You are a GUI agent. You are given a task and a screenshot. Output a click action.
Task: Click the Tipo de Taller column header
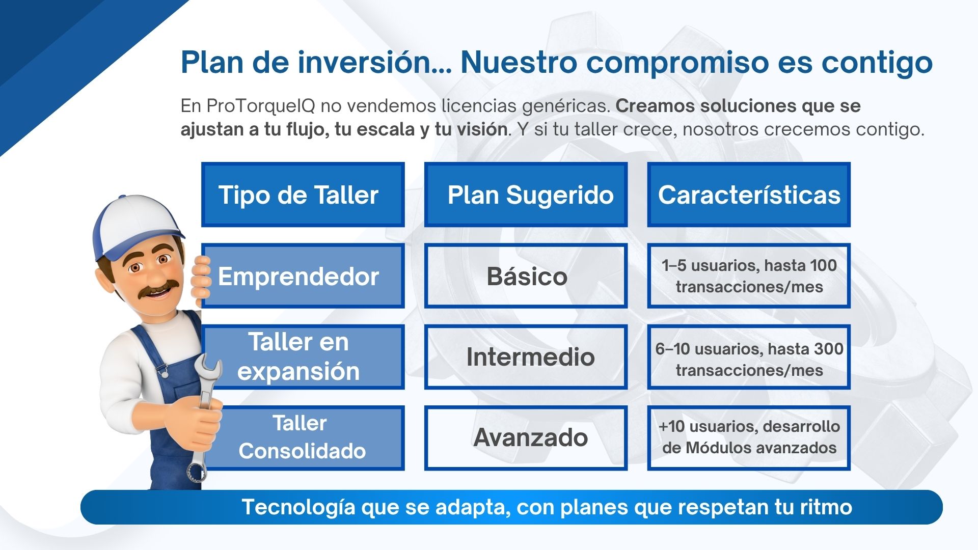pyautogui.click(x=303, y=195)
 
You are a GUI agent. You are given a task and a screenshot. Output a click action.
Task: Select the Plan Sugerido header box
pyautogui.click(x=526, y=195)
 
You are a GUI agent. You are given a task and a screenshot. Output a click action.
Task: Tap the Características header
pyautogui.click(x=749, y=195)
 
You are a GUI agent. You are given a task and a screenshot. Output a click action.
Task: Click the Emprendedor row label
pyautogui.click(x=303, y=276)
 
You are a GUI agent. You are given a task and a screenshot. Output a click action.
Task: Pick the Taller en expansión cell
pyautogui.click(x=303, y=356)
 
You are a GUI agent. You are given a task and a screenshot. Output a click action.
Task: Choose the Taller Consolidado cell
pyautogui.click(x=303, y=438)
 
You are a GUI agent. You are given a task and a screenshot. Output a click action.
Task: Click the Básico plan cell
pyautogui.click(x=526, y=276)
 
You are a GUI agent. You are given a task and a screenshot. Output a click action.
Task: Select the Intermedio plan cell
pyautogui.click(x=526, y=356)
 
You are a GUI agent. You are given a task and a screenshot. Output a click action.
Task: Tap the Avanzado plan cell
pyautogui.click(x=526, y=438)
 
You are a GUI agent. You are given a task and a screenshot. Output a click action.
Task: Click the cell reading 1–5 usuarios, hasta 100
pyautogui.click(x=749, y=276)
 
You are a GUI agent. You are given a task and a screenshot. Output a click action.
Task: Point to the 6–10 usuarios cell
pyautogui.click(x=749, y=356)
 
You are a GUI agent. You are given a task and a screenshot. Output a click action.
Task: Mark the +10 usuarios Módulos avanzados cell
pyautogui.click(x=749, y=438)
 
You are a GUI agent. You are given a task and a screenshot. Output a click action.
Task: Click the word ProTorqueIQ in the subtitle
pyautogui.click(x=261, y=106)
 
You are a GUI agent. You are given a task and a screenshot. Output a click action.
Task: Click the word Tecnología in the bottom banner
pyautogui.click(x=298, y=508)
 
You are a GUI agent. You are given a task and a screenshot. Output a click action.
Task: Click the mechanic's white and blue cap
pyautogui.click(x=135, y=224)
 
